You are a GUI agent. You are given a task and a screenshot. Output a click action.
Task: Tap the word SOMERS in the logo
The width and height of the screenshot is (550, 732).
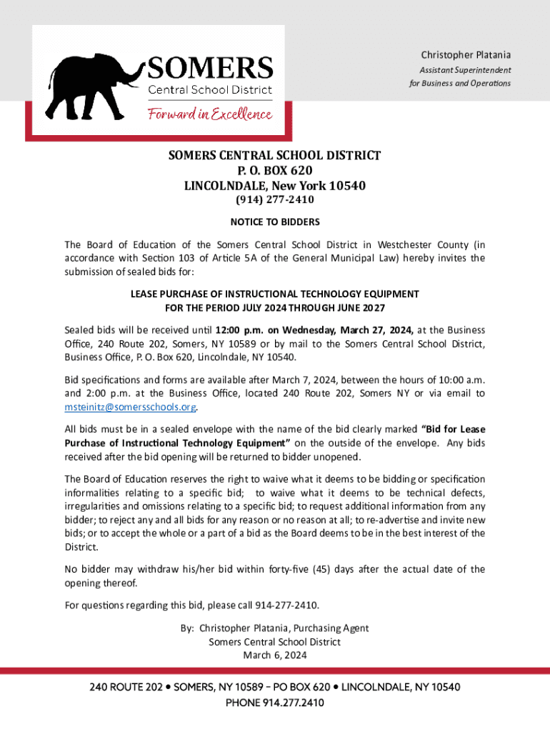click(211, 69)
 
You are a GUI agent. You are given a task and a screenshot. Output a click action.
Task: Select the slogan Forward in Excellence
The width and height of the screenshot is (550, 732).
click(210, 114)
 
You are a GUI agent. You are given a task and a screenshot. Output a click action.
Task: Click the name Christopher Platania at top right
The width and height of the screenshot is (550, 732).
click(466, 55)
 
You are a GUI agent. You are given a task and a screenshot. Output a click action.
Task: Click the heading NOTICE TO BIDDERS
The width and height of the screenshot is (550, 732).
click(275, 222)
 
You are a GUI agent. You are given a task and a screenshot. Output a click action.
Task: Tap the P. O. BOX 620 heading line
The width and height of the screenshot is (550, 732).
click(275, 171)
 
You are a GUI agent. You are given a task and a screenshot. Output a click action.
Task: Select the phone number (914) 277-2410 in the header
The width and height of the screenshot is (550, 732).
click(275, 200)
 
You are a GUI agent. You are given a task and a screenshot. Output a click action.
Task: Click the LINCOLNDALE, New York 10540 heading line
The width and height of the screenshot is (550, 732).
click(275, 186)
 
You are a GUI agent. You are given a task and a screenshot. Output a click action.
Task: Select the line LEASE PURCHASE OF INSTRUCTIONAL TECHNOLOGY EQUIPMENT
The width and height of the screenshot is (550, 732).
click(275, 294)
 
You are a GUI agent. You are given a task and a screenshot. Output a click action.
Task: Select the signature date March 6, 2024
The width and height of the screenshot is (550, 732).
click(275, 656)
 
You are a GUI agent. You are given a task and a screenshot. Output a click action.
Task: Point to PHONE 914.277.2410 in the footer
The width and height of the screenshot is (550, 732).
click(275, 703)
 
